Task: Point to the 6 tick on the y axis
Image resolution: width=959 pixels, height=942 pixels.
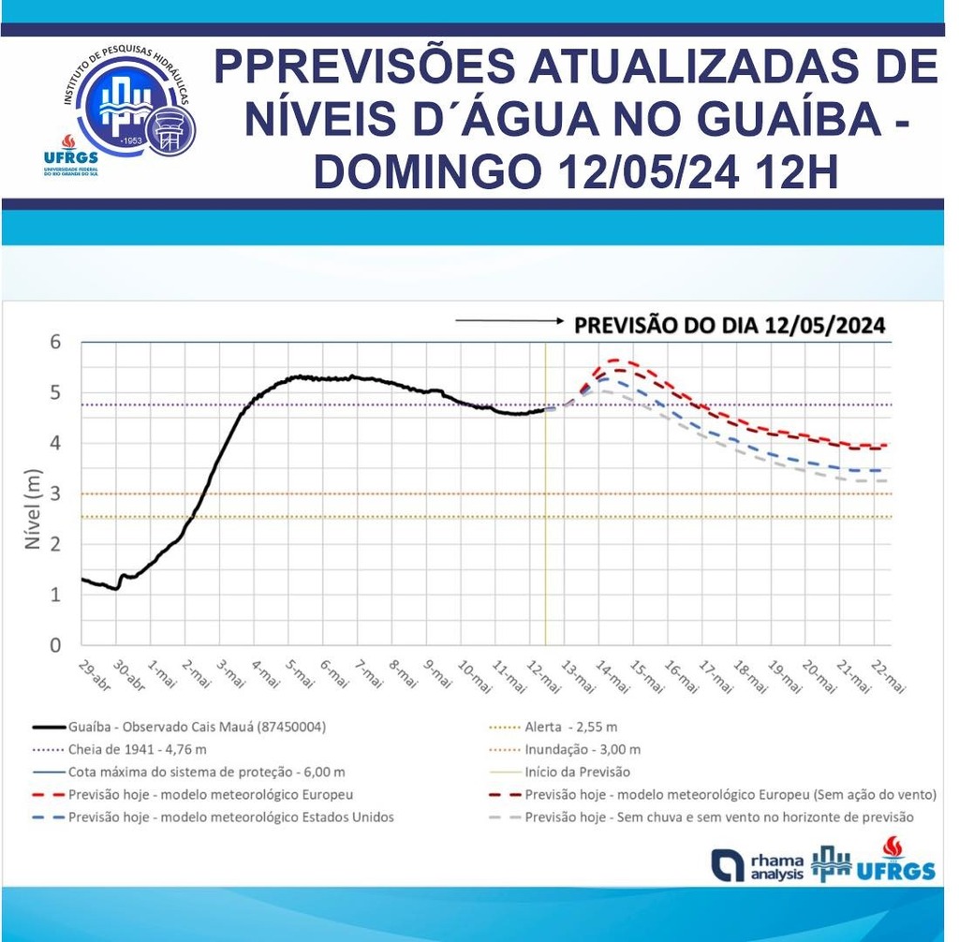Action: [x=55, y=343]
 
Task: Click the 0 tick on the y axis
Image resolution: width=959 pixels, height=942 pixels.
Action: [x=55, y=645]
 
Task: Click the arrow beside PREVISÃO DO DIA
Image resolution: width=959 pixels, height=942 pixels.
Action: [x=507, y=322]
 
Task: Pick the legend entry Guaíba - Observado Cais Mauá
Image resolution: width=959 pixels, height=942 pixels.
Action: [x=197, y=727]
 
